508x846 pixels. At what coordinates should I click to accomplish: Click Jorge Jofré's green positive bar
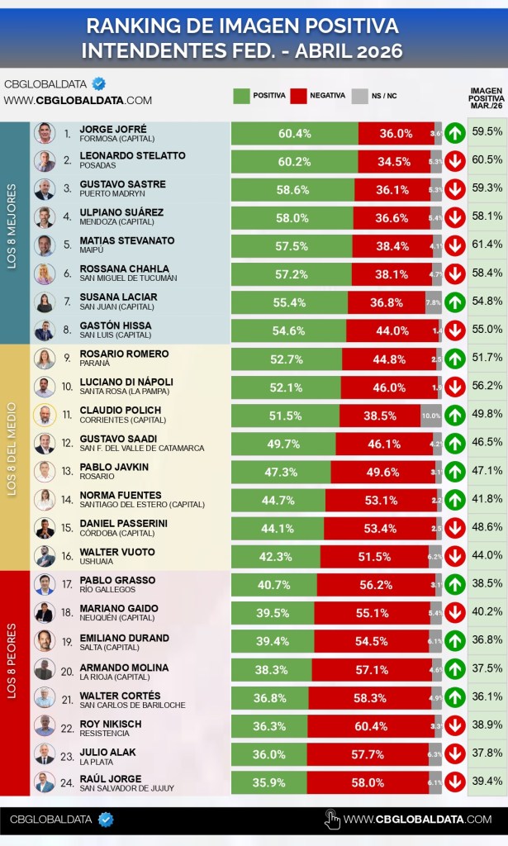(294, 133)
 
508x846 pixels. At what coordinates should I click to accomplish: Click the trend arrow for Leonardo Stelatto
(454, 161)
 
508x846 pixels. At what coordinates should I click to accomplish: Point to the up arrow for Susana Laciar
(454, 302)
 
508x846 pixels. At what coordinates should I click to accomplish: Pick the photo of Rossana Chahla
(45, 274)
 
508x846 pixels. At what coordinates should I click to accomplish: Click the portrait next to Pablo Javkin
(45, 472)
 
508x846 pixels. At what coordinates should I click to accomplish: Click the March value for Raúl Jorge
(487, 782)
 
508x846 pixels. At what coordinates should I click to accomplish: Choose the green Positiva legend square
(241, 96)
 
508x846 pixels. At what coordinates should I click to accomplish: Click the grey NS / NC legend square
(358, 96)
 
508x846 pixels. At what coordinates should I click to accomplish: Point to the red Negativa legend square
(298, 96)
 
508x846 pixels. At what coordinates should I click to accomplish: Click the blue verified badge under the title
(99, 83)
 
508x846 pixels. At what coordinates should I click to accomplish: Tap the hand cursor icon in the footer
(332, 820)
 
